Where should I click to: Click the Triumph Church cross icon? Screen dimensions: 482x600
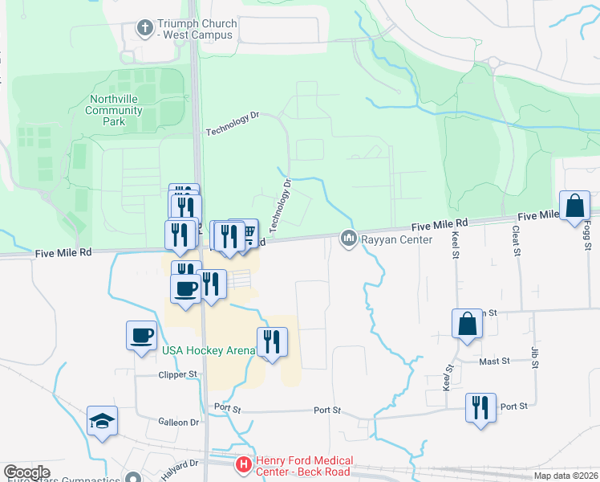(x=144, y=29)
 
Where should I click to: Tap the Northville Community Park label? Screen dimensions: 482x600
(x=114, y=110)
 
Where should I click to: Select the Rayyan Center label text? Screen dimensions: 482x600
(x=387, y=239)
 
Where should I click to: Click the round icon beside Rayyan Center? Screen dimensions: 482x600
(x=349, y=239)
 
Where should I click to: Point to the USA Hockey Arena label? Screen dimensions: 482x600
(x=209, y=350)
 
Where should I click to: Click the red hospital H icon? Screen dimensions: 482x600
(x=243, y=464)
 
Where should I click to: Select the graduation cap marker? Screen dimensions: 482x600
(x=103, y=421)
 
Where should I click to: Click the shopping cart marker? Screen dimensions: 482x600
(x=248, y=233)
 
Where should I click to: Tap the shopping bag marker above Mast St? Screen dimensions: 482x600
(x=467, y=325)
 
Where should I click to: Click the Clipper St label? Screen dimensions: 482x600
(x=177, y=374)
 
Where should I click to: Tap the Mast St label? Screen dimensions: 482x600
(x=494, y=361)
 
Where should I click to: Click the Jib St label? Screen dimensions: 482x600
(x=534, y=354)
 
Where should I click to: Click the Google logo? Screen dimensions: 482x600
(x=26, y=472)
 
